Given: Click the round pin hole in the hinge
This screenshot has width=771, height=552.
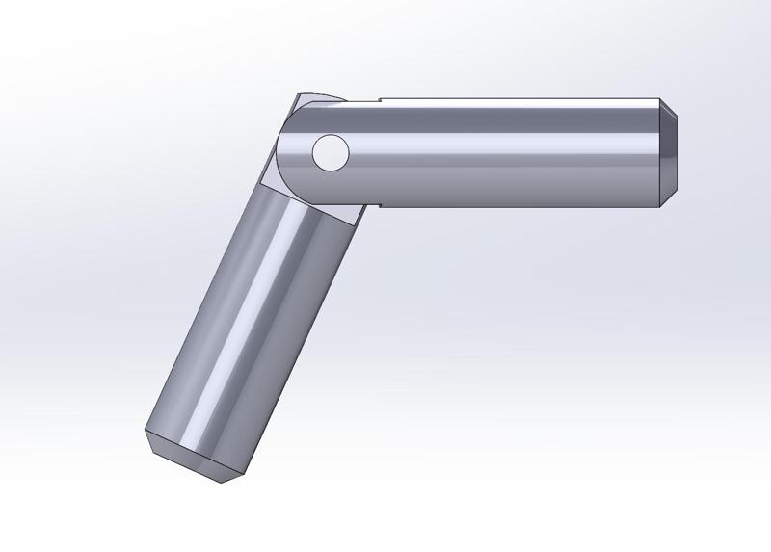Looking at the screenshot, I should pos(330,153).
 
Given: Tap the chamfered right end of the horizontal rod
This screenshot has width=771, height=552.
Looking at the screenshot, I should pos(668,152).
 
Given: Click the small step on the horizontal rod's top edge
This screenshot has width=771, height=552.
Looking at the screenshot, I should pos(379,99).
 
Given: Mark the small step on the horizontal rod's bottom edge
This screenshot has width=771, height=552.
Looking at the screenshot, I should pos(379,205).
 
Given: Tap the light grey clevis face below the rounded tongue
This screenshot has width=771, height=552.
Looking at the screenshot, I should pos(289,188).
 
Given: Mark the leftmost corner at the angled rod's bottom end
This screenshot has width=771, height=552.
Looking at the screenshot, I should pos(146,432).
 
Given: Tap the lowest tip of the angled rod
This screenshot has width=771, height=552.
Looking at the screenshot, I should pos(223,482).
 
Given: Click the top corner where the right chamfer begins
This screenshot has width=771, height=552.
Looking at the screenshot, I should pos(660,99).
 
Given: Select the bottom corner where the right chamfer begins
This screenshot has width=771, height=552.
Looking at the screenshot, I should pos(660,205).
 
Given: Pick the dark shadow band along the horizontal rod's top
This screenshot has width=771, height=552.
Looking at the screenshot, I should pos(520,109).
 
